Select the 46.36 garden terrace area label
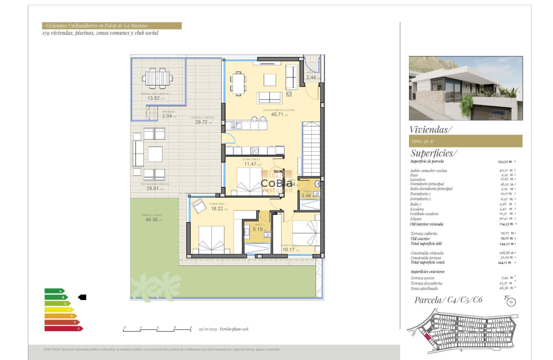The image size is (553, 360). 152,220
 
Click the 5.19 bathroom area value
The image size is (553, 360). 258,229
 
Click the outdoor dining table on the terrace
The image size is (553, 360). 158,78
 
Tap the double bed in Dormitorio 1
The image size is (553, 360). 211,240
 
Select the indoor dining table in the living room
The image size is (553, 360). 238,83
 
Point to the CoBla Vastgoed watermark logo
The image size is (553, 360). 277,182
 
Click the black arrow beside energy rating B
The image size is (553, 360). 82,297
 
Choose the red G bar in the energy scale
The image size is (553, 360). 63,328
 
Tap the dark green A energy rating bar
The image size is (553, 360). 54,291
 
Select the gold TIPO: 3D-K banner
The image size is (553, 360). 465,141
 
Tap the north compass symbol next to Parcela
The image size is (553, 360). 511,301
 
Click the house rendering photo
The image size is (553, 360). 466,88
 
